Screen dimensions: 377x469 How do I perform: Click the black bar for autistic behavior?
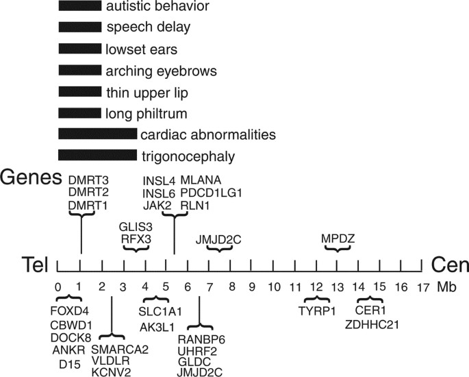(x=79, y=8)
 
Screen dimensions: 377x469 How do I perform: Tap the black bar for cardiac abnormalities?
(x=97, y=134)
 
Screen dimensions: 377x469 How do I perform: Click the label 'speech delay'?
(x=148, y=28)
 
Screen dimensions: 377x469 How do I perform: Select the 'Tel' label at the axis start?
(x=34, y=265)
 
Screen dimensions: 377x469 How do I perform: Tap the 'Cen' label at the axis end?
(x=448, y=265)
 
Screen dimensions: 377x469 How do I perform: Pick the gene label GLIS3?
(x=136, y=226)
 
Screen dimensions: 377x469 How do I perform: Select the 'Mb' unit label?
(x=446, y=287)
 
